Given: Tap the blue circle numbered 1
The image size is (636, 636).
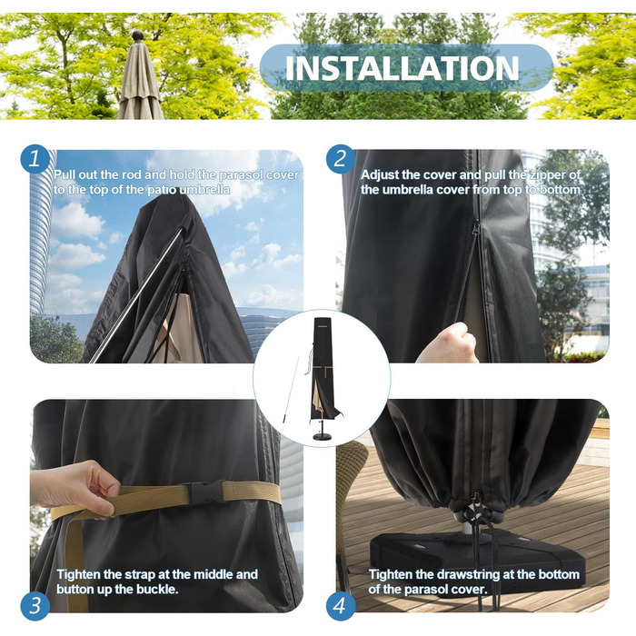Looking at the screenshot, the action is [x=35, y=159].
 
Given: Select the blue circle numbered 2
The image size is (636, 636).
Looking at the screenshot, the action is [x=341, y=159].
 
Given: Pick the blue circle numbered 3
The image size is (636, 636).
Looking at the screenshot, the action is [x=35, y=606].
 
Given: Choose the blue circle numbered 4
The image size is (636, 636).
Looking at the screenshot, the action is [x=341, y=606].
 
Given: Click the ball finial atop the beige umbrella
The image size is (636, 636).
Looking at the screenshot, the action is [x=138, y=35].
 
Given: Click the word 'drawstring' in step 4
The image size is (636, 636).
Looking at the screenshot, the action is [x=467, y=575].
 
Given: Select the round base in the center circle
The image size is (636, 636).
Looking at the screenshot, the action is [x=322, y=436].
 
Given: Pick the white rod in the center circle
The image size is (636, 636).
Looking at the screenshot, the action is [x=291, y=390].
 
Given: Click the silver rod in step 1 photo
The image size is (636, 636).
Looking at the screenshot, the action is [x=136, y=294].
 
